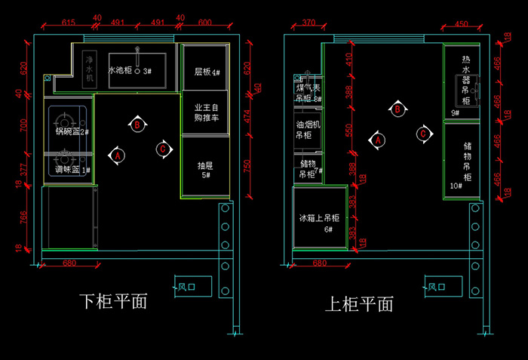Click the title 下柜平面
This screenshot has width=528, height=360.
tap(112, 301)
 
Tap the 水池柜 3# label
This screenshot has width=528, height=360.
tap(130, 71)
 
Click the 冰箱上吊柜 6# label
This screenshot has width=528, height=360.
tap(319, 223)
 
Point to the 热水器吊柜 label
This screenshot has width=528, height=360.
tap(466, 80)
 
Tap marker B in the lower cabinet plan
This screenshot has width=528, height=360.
tap(137, 125)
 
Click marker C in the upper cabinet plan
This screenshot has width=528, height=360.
tap(424, 134)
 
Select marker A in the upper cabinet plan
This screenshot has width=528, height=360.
tap(377, 140)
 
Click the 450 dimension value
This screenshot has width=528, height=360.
tap(462, 23)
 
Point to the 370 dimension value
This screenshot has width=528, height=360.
tap(308, 23)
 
